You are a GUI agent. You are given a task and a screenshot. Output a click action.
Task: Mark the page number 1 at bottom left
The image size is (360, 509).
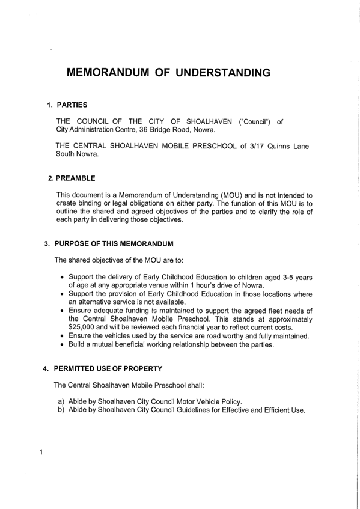click(x=40, y=452)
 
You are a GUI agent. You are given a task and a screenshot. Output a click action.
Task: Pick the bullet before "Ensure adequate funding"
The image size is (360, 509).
click(x=63, y=310)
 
